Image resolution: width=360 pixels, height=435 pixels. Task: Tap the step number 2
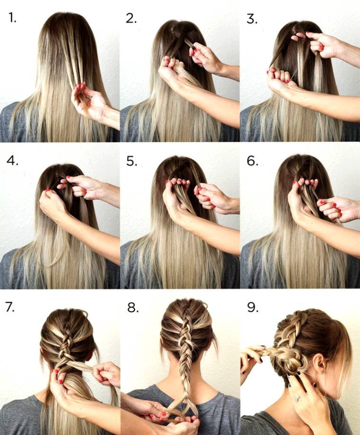[x=132, y=19]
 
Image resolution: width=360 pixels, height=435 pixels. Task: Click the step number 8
[x=133, y=307]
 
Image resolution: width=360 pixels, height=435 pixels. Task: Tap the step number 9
[x=252, y=307]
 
